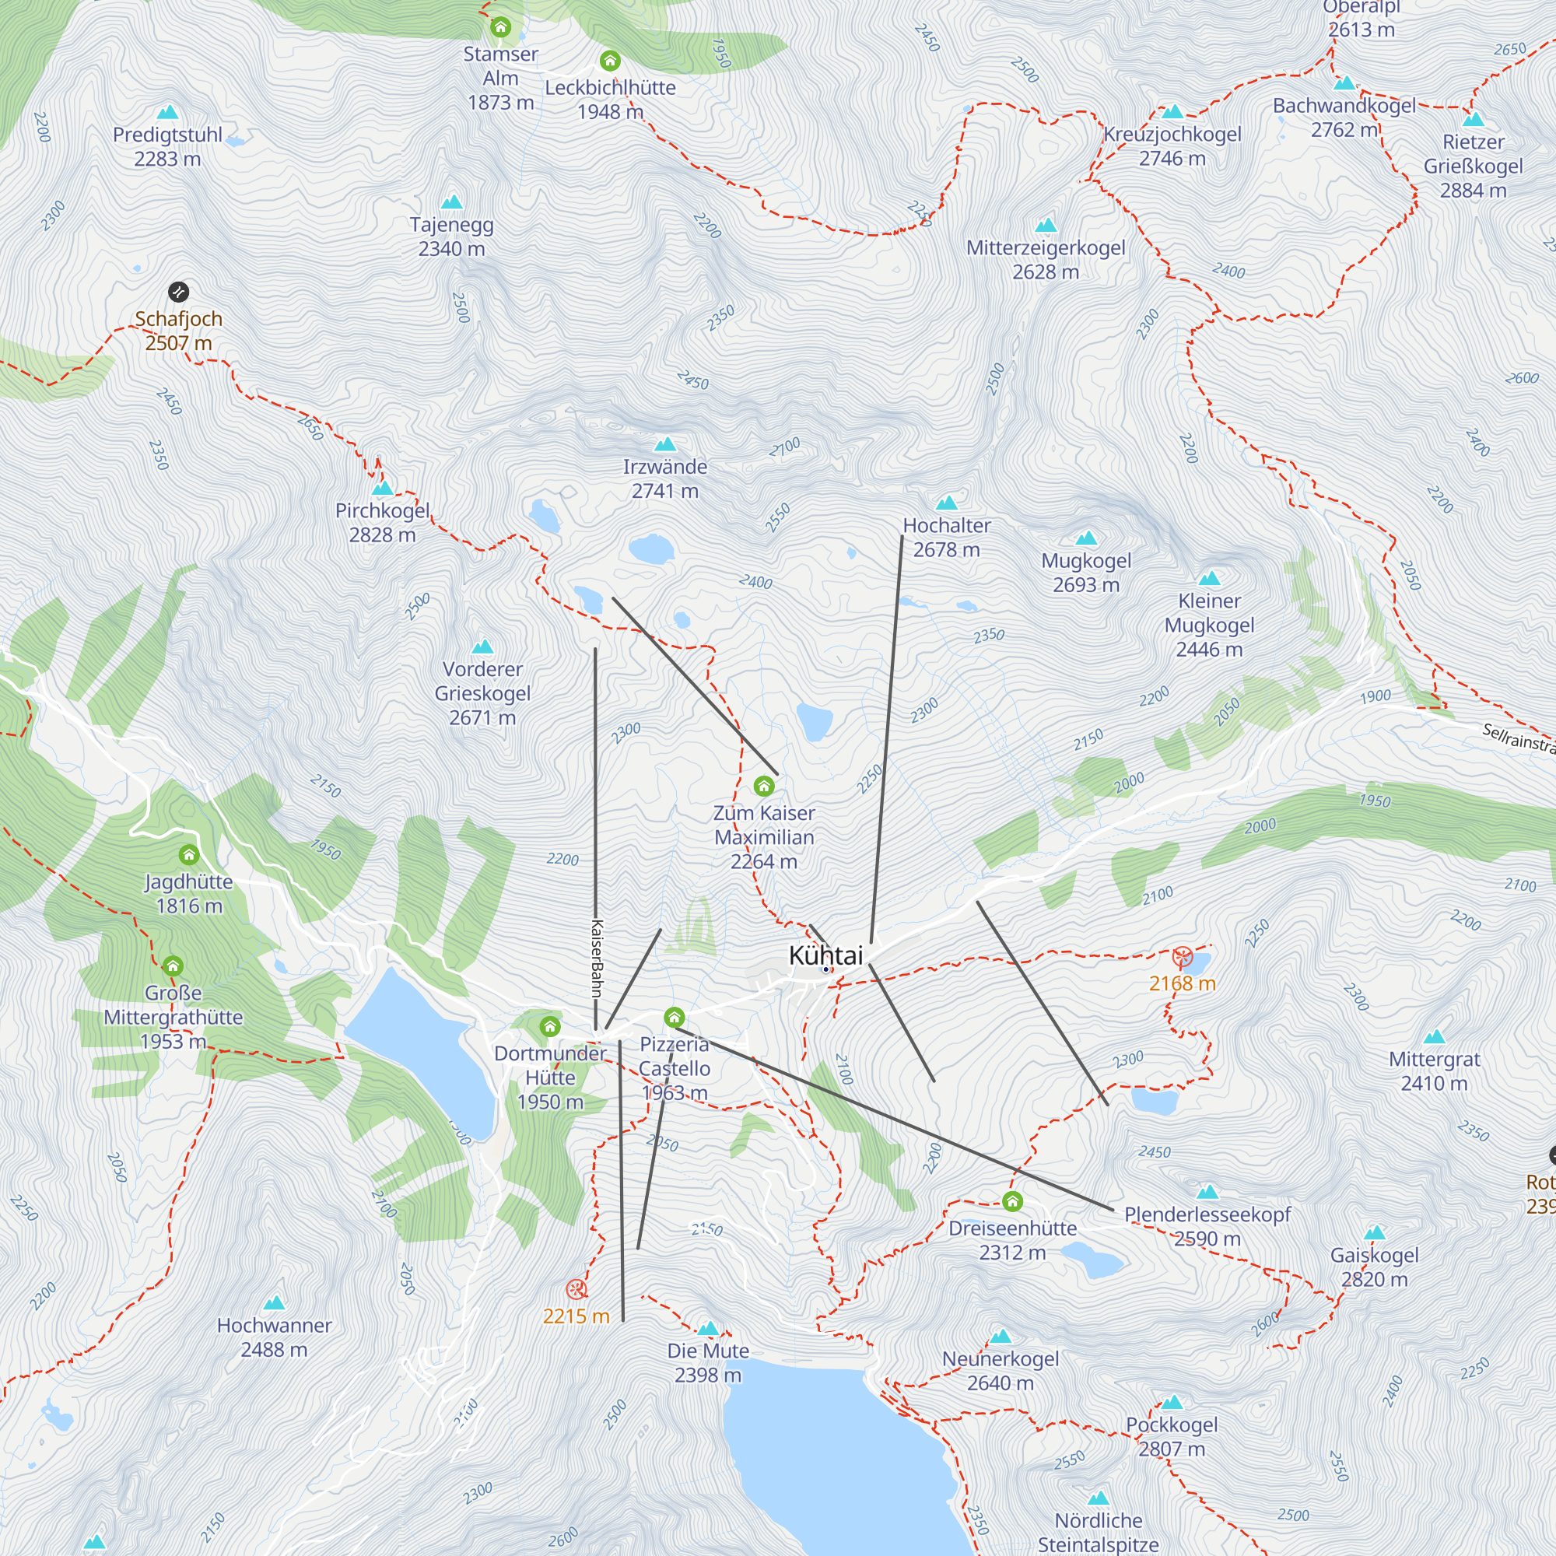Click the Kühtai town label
825,956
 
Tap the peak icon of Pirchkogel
383,488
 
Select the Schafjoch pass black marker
178,292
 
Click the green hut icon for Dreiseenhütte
1012,1202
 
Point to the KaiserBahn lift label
597,958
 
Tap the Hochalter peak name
946,526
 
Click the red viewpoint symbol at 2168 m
1182,957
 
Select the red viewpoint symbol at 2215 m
576,1289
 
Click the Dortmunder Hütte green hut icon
550,1026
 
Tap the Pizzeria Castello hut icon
674,1018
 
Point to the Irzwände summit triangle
665,444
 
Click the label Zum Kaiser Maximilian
763,837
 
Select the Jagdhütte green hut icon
188,854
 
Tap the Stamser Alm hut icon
500,27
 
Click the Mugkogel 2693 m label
1085,573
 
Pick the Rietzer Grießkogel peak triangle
1473,120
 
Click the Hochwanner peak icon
275,1303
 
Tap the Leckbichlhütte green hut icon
610,61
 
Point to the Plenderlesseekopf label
1207,1215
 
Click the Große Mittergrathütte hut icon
173,965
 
